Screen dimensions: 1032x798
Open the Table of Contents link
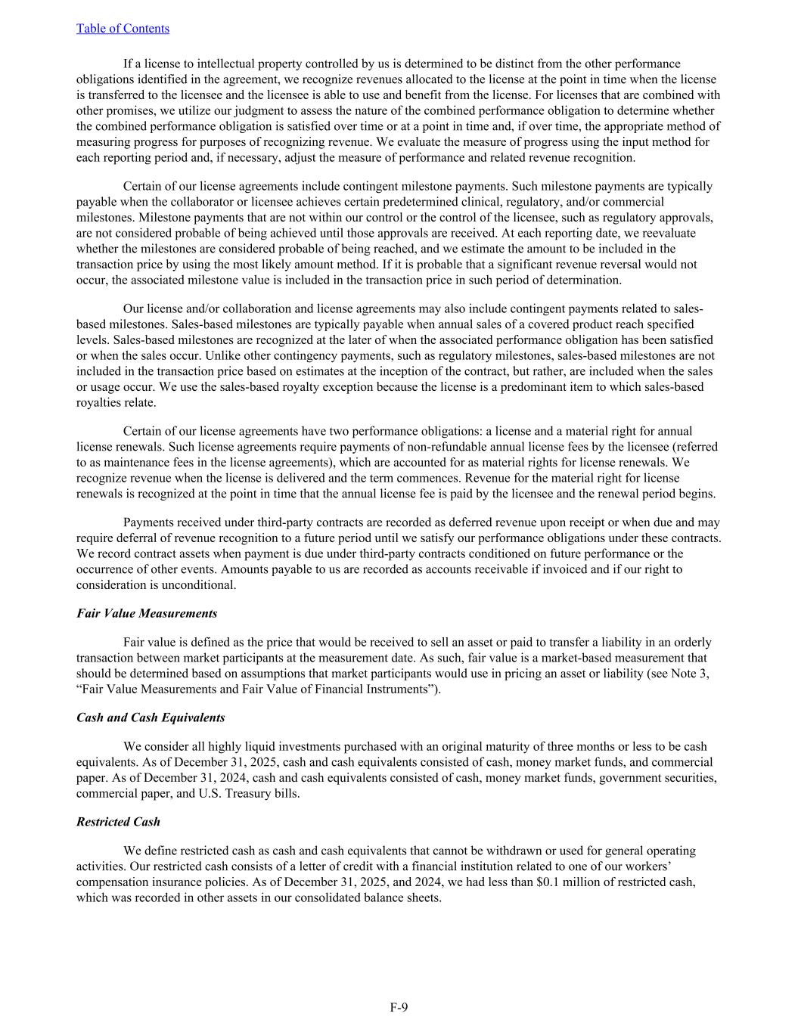tap(123, 29)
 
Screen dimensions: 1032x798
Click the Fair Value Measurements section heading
tap(147, 613)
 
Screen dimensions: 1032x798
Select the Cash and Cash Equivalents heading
tap(151, 717)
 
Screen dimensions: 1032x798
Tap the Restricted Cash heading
tap(118, 822)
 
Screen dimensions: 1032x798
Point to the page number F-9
tap(399, 1006)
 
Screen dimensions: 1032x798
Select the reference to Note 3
tap(690, 674)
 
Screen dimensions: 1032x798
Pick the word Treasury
tap(250, 794)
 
